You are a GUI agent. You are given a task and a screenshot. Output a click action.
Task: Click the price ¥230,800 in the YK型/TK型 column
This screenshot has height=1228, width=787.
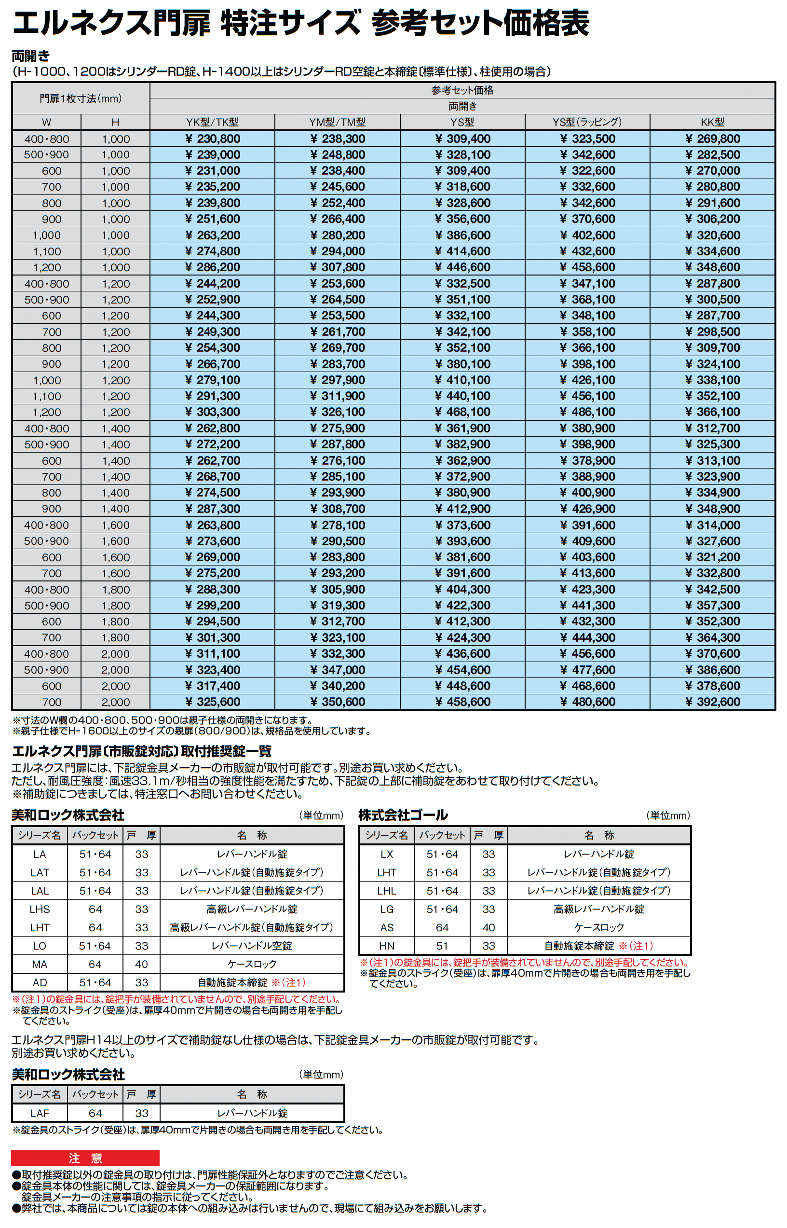213,138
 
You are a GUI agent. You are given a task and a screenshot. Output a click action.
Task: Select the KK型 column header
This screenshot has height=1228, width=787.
712,122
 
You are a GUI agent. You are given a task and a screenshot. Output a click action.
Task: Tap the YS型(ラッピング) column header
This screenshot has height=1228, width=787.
587,122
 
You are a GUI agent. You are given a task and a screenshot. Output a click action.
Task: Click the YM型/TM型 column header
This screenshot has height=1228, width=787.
337,122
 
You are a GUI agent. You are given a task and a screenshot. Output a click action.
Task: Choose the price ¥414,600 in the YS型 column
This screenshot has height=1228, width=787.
462,251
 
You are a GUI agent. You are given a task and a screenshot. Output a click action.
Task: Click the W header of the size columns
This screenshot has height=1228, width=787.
46,122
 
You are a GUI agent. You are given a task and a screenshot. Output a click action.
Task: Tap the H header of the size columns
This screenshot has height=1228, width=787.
116,122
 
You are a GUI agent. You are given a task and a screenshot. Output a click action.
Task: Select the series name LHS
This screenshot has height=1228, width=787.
40,909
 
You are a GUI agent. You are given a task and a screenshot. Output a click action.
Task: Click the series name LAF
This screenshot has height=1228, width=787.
40,1113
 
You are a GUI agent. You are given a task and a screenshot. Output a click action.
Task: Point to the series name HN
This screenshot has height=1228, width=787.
387,946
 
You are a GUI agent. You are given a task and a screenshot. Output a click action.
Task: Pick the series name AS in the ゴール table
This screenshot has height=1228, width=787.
387,927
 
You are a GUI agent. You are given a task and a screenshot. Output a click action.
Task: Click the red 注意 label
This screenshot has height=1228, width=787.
85,1158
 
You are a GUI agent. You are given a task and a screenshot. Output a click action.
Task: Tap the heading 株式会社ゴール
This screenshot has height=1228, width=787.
403,815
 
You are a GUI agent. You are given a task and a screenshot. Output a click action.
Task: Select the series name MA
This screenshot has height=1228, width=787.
40,964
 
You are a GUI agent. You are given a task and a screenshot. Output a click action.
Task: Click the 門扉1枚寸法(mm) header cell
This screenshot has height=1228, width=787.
81,98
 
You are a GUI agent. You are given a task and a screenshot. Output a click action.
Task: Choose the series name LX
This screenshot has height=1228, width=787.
387,854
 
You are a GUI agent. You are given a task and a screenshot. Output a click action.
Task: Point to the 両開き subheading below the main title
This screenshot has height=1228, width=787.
31,55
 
